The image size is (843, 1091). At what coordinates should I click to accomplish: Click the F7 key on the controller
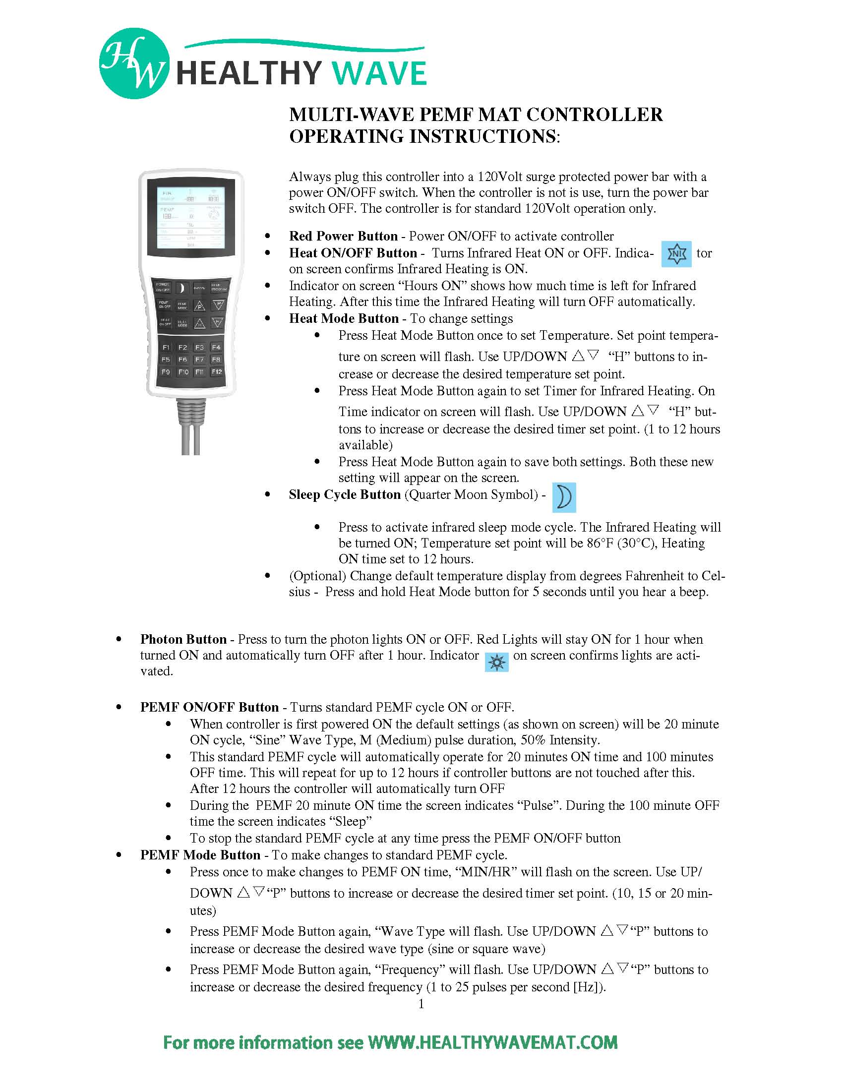(199, 359)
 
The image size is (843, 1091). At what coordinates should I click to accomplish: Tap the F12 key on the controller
(216, 371)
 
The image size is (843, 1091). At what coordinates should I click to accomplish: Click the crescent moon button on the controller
(182, 288)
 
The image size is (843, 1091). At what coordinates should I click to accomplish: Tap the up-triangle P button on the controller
(199, 305)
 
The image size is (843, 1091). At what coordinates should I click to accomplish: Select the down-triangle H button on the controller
(217, 323)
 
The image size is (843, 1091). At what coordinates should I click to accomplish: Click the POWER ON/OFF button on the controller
(163, 288)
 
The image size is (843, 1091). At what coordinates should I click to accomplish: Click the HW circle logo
(134, 63)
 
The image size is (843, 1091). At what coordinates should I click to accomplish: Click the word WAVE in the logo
(379, 73)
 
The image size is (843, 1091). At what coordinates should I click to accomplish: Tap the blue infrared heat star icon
(676, 254)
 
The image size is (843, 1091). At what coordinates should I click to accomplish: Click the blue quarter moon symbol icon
(564, 497)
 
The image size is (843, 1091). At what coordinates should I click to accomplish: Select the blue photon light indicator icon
(496, 662)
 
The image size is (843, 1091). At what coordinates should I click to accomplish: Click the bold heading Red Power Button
(343, 236)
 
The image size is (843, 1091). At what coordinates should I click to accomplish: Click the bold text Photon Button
(183, 639)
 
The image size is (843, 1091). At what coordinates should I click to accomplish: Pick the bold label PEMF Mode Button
(200, 855)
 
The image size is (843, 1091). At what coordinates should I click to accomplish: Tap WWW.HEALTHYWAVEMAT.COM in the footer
(492, 1042)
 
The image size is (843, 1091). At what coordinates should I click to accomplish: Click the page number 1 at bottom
(421, 1004)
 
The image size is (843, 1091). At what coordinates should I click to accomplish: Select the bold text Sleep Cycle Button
(345, 494)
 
